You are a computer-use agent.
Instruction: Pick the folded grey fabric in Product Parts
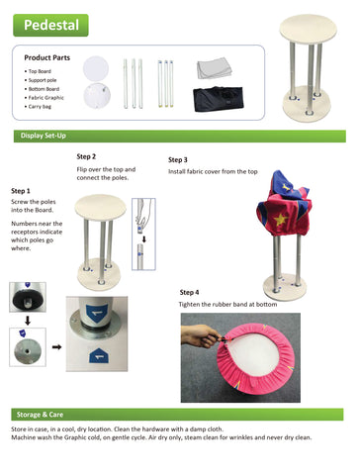click(214, 69)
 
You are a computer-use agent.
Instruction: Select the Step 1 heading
click(21, 190)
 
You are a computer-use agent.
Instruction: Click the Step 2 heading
click(86, 156)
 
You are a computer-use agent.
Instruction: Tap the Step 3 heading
click(177, 159)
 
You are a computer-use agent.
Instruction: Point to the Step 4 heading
click(189, 293)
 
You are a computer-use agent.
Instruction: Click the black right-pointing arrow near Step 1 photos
click(54, 348)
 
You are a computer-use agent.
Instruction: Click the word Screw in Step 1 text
click(20, 201)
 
